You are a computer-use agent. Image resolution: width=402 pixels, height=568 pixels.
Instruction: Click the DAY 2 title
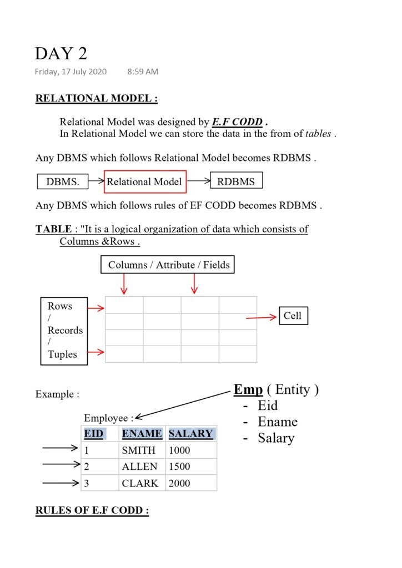61,54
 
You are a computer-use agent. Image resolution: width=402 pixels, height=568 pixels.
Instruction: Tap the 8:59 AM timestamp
143,72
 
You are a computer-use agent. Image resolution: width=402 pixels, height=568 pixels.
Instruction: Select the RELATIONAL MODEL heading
97,99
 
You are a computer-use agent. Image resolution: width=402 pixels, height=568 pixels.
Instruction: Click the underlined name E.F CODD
237,122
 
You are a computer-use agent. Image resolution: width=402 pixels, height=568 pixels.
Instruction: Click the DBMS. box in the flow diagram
63,181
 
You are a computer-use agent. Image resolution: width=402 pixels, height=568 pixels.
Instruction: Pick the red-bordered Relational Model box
144,181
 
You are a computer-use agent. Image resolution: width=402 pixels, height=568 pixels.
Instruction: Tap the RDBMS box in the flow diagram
236,181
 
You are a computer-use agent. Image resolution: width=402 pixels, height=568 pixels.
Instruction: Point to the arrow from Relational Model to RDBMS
199,181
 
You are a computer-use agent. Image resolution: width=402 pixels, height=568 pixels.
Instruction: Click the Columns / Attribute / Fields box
168,265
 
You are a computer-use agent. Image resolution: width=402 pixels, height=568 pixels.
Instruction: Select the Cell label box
293,316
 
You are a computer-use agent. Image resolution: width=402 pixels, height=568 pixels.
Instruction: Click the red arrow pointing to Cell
261,317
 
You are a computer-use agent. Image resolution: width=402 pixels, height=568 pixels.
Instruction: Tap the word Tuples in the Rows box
62,354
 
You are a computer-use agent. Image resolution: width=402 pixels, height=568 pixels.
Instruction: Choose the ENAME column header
142,434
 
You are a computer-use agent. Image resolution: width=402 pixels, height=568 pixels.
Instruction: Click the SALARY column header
190,434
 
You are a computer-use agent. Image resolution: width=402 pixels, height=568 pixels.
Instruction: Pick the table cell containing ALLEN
139,466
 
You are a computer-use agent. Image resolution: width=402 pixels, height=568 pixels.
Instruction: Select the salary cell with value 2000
179,483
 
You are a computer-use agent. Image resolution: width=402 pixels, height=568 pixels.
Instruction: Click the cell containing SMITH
139,450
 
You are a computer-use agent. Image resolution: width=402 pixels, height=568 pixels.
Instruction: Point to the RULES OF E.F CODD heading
92,511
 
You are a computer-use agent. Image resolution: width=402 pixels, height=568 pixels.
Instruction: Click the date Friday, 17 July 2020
71,72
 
